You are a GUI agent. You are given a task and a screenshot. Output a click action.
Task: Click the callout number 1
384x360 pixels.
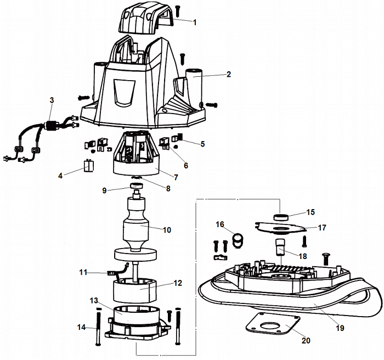point(194,22)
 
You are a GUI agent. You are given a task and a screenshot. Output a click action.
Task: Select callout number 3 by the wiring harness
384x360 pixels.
point(52,100)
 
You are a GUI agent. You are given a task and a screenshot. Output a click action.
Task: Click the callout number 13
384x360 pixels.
point(94,301)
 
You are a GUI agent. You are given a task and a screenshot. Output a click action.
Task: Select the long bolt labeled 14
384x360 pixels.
point(98,327)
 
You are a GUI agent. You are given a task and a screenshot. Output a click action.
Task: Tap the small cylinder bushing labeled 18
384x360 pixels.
point(280,248)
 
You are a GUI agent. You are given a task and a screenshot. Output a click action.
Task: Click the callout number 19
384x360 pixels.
point(340,328)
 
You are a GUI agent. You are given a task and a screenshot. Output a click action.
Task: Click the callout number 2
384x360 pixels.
point(228,74)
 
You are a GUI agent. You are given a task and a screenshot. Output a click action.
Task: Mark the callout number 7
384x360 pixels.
point(176,178)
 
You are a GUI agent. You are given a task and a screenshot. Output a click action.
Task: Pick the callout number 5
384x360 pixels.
point(202,144)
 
